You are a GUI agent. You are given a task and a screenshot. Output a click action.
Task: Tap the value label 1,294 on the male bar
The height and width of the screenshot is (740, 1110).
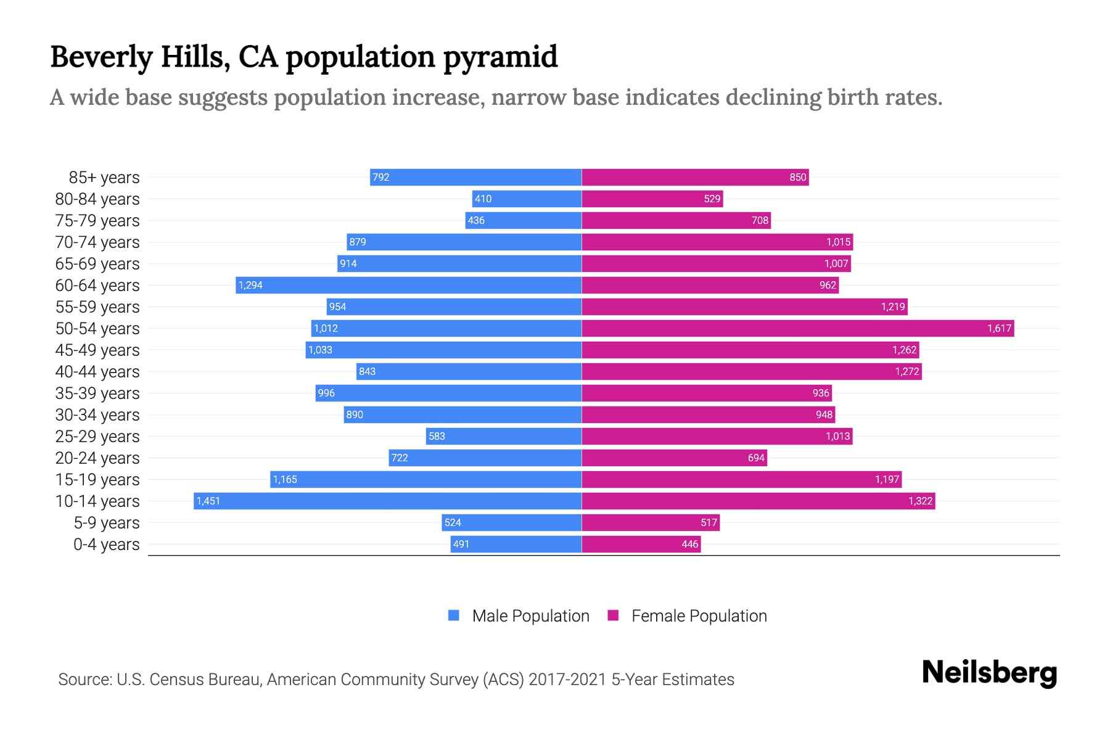(250, 285)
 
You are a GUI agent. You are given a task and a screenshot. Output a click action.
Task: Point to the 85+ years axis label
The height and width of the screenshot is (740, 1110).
(104, 178)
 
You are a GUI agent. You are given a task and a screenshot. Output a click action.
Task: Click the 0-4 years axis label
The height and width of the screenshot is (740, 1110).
(106, 545)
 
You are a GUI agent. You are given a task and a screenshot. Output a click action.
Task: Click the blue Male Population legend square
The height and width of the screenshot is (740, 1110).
(454, 615)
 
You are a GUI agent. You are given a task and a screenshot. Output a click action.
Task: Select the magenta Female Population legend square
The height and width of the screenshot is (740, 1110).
(613, 615)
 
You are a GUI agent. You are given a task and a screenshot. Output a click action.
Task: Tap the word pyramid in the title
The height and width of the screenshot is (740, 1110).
(500, 57)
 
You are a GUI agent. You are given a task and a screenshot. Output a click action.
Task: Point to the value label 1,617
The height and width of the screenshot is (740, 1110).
(999, 328)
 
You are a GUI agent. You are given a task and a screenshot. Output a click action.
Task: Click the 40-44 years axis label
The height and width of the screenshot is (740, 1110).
(97, 372)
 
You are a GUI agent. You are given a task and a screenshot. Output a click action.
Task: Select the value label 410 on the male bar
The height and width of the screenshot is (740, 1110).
(483, 199)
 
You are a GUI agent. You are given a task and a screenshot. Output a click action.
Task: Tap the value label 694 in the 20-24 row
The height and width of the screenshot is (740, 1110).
(756, 458)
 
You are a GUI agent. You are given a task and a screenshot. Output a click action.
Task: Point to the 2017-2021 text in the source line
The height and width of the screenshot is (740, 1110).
(567, 680)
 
